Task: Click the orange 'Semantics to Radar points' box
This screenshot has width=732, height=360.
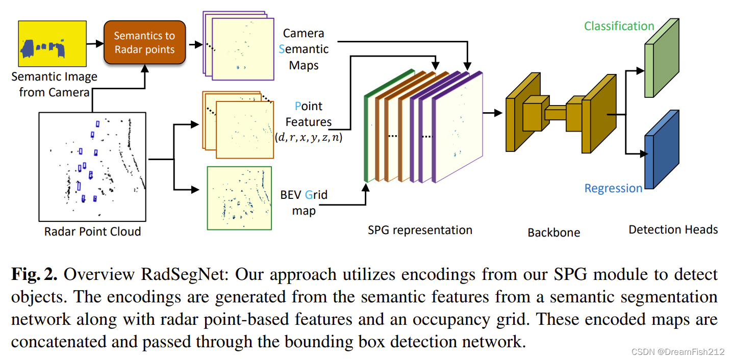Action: [x=144, y=43]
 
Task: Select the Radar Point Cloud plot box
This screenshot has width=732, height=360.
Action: [x=92, y=166]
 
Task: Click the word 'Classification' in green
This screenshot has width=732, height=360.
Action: [x=619, y=26]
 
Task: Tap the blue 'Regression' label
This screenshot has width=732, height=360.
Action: [x=613, y=188]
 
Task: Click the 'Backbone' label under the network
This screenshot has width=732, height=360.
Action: [x=553, y=233]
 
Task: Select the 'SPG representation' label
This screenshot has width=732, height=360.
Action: [x=420, y=230]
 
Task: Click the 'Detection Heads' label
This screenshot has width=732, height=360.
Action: [x=673, y=229]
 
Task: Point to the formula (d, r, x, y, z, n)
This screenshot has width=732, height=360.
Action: [x=308, y=138]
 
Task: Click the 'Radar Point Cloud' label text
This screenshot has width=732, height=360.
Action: [x=92, y=232]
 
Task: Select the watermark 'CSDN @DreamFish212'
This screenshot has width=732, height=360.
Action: [x=678, y=352]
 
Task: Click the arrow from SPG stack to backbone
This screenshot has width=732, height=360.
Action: [x=492, y=113]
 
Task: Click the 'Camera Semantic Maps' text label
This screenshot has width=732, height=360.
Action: [x=304, y=49]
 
